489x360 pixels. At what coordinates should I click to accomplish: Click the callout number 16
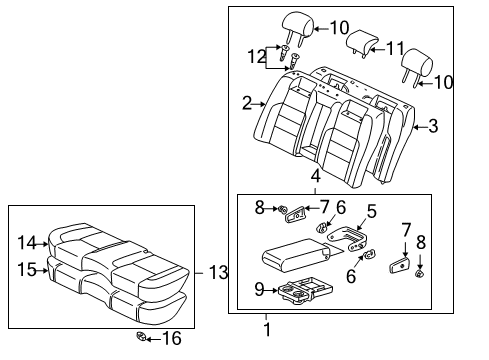pos(172,338)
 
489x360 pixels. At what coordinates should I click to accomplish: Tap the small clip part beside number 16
pos(141,336)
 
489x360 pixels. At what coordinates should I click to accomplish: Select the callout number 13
pos(218,272)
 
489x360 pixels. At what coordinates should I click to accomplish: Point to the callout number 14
pos(27,242)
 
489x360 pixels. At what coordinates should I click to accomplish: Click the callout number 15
pos(27,269)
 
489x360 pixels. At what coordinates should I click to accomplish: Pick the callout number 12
pos(257,56)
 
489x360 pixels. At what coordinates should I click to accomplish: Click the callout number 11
pos(395,49)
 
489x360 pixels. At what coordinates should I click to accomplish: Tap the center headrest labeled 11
pos(362,43)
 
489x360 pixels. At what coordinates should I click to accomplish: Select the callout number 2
pos(247,103)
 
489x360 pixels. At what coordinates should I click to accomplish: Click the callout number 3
pos(433,126)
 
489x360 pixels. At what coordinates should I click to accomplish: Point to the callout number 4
pos(315,176)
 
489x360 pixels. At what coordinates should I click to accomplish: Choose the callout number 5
pos(372,211)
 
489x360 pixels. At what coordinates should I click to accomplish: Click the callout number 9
pos(259,289)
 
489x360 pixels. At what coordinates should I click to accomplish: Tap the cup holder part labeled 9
pos(305,292)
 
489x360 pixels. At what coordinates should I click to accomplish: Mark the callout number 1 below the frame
pos(267,329)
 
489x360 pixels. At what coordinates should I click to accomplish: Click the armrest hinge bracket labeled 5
pos(348,238)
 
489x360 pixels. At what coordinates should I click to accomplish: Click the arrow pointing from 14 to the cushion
pos(42,244)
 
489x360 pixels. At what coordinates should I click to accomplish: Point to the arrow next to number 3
pos(421,127)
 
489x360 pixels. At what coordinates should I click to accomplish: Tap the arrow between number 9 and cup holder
pos(271,291)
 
